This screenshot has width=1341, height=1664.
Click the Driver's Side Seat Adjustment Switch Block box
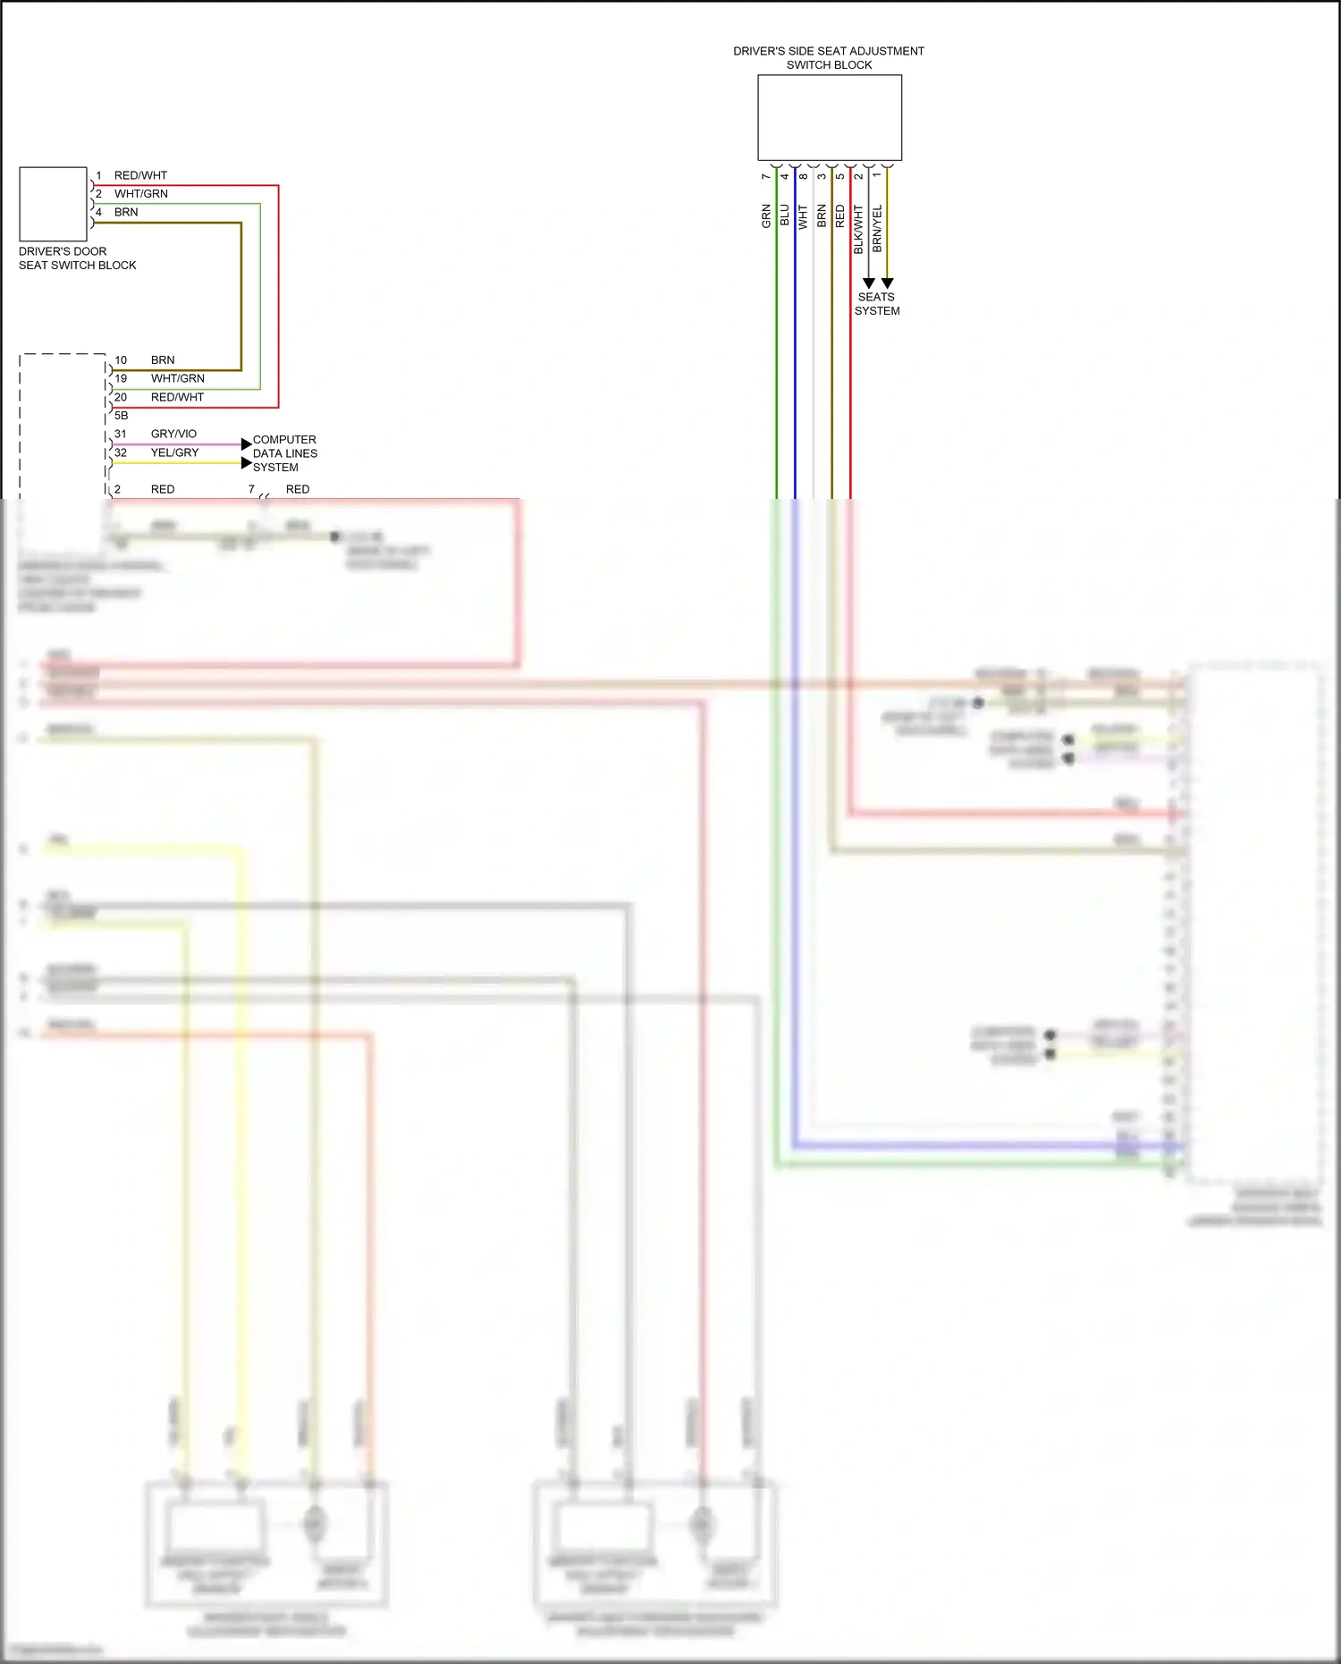click(829, 117)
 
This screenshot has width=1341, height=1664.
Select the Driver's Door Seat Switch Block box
click(53, 204)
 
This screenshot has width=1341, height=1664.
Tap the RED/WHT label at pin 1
click(140, 175)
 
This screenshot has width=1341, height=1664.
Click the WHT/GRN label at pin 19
click(177, 378)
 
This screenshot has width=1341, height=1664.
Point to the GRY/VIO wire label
click(173, 434)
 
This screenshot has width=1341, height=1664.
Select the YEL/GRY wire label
click(174, 452)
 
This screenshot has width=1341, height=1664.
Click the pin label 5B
click(121, 416)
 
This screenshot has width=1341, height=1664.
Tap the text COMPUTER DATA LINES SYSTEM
click(284, 453)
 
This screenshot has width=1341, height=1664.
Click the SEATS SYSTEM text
click(876, 304)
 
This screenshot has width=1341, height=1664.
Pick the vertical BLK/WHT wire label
click(858, 229)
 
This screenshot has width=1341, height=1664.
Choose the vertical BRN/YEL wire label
click(877, 228)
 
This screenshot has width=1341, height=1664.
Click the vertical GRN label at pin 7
click(766, 215)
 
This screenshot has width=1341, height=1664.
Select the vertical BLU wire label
click(785, 215)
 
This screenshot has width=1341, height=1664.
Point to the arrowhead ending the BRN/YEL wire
click(887, 283)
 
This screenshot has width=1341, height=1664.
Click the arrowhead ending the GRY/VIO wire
click(246, 444)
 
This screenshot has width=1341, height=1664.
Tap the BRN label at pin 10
click(163, 360)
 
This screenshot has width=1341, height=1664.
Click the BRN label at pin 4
click(126, 212)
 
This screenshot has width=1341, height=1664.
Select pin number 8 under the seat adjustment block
click(803, 176)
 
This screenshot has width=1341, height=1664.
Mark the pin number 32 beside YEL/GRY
click(121, 452)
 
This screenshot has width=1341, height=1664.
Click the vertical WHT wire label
click(803, 217)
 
